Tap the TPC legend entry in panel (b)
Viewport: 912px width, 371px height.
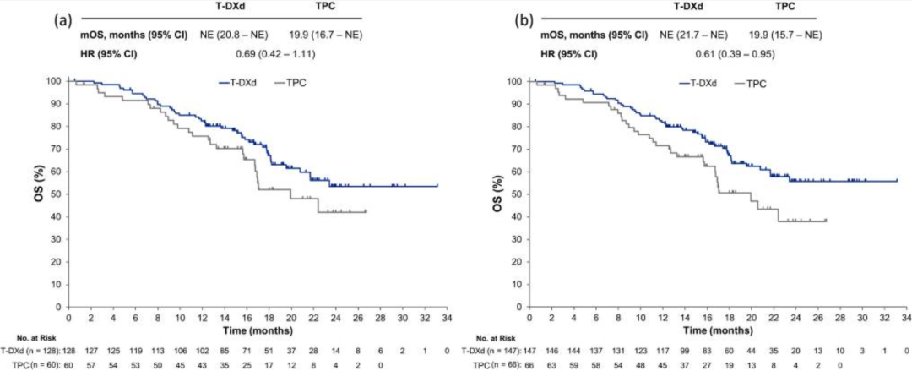point(747,84)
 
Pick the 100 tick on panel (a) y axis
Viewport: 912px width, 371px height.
point(56,81)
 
